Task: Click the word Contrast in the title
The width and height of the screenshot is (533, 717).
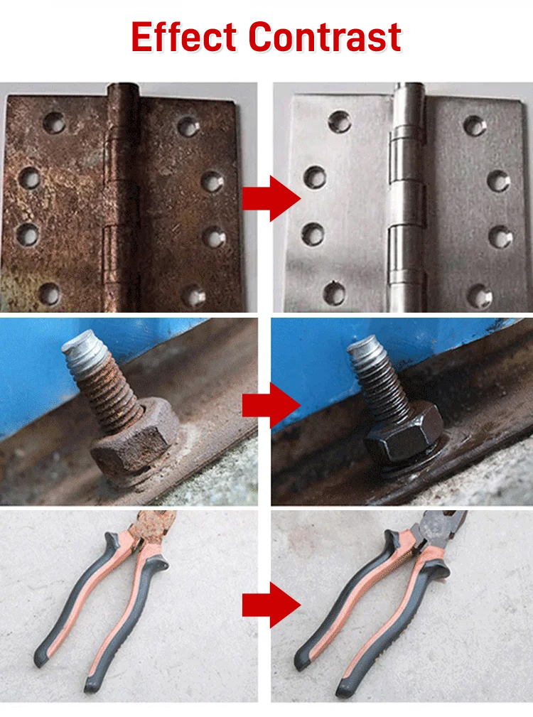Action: [x=325, y=36]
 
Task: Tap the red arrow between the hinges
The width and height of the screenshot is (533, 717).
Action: [x=271, y=198]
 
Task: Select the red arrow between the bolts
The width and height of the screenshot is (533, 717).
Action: [x=271, y=405]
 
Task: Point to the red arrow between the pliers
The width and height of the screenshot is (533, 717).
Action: [x=271, y=605]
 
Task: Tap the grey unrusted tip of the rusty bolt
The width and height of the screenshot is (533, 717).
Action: [x=85, y=347]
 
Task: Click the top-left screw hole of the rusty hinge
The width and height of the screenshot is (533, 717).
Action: [x=54, y=122]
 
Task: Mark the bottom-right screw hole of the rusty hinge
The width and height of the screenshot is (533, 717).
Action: [x=194, y=296]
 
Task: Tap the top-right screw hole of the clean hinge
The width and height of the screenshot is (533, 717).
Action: [x=475, y=125]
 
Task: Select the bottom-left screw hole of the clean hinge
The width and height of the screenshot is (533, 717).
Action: [x=335, y=293]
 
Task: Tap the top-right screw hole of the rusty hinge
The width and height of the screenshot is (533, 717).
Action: [x=189, y=127]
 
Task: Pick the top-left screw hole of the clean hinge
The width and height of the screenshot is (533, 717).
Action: [x=340, y=121]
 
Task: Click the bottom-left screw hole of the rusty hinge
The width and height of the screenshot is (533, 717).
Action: [x=49, y=294]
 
